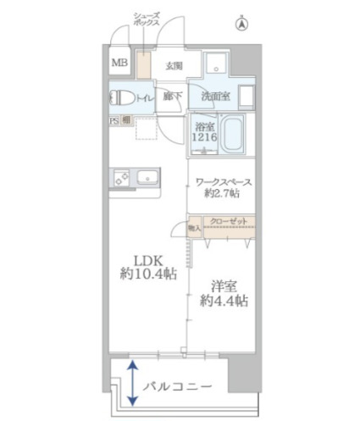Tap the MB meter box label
click(119, 64)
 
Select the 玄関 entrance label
click(174, 65)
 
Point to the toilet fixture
click(120, 99)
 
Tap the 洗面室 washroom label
click(215, 97)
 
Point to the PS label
click(114, 122)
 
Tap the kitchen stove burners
click(121, 178)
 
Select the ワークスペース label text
click(224, 181)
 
